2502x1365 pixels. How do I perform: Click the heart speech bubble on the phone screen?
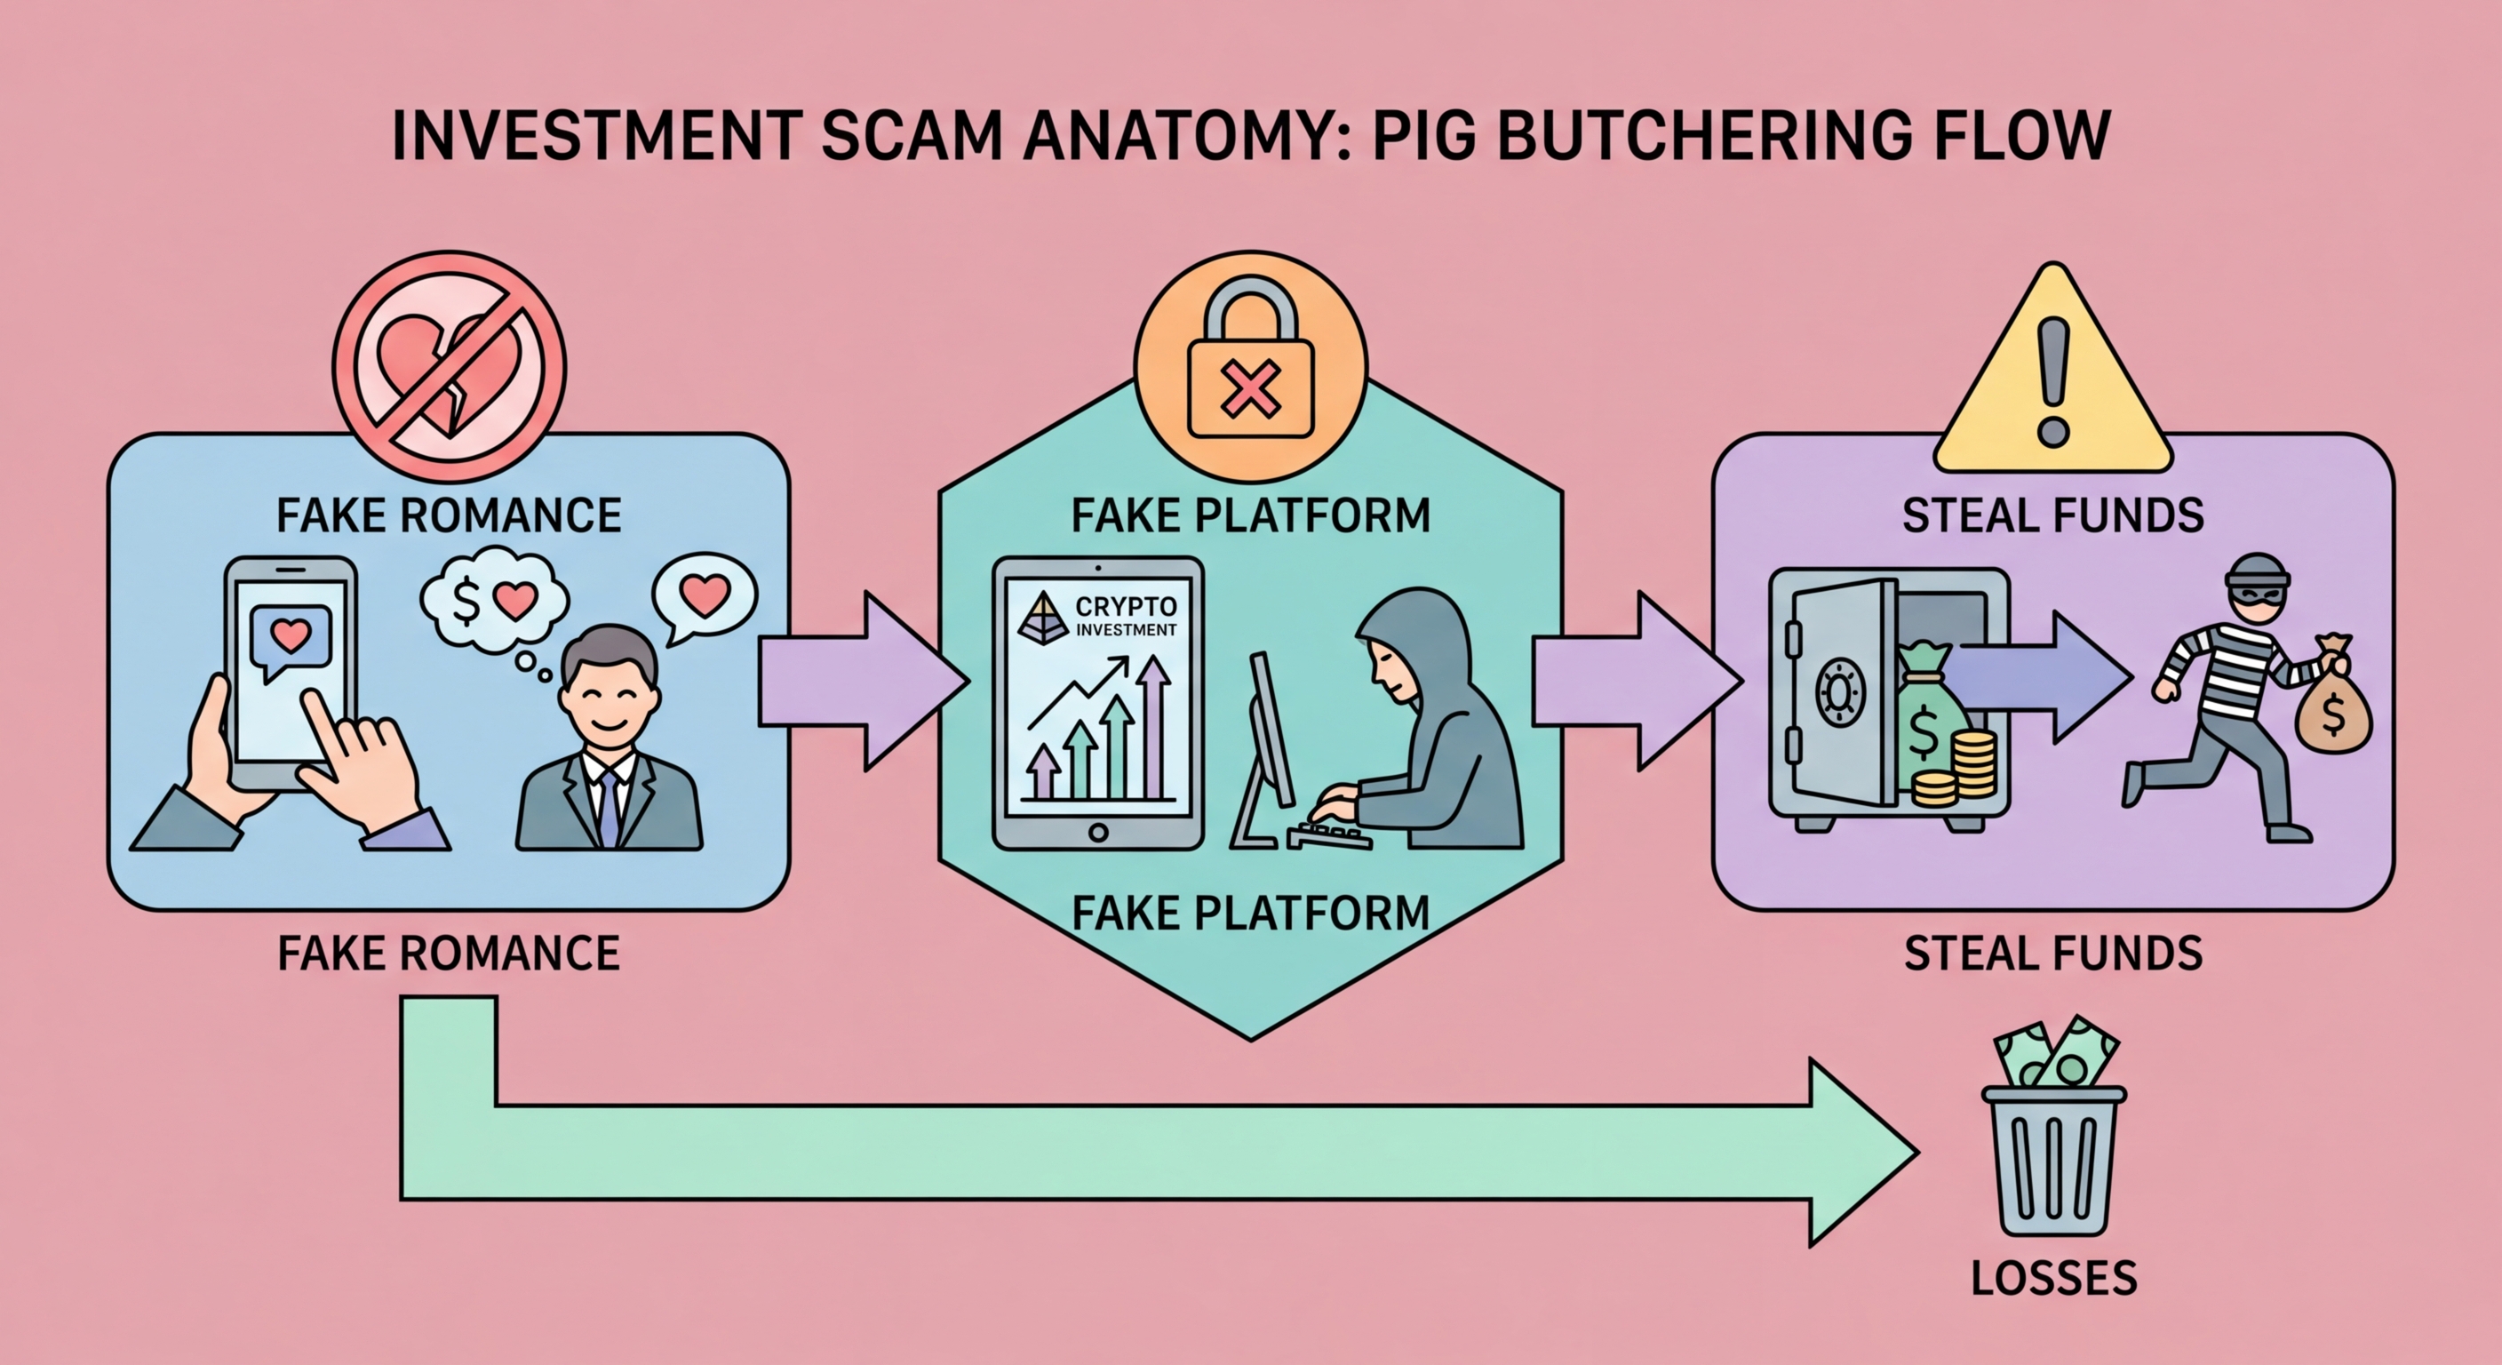[x=291, y=639]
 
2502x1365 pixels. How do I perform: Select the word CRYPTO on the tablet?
[x=1126, y=606]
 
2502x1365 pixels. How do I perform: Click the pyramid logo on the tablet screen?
[x=1042, y=618]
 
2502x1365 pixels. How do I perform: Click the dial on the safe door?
[x=1839, y=692]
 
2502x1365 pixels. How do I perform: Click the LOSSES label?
[x=2053, y=1278]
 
